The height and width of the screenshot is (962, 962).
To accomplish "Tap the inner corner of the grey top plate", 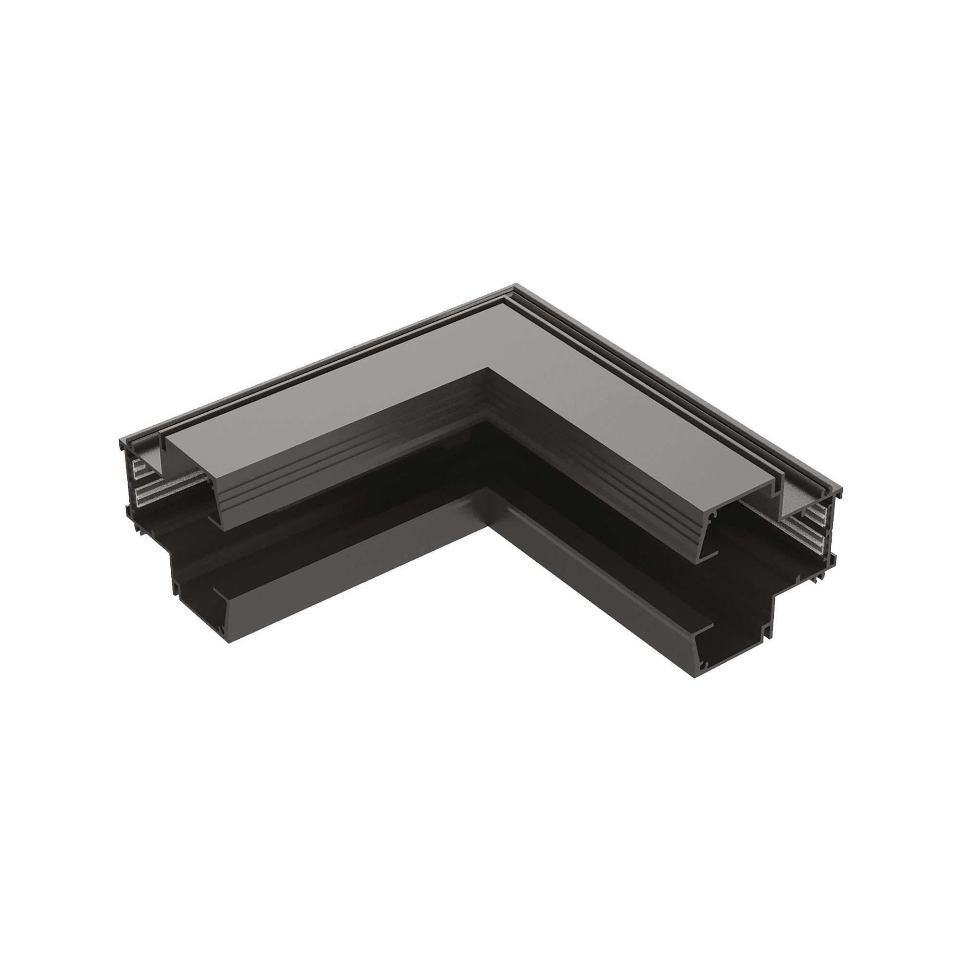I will pos(488,369).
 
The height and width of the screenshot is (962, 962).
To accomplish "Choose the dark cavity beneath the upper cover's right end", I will pos(747,563).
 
